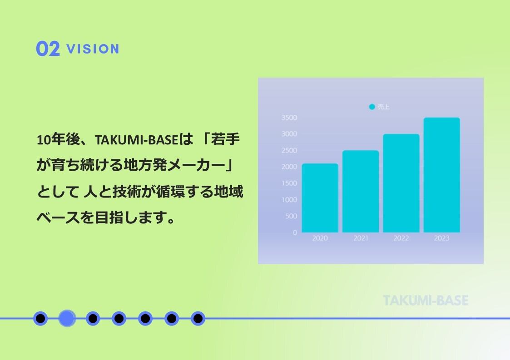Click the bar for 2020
320,198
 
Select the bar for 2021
361,191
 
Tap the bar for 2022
401,183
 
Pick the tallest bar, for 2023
442,175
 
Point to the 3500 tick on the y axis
289,118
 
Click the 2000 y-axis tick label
289,167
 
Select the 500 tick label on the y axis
291,216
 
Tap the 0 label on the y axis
295,232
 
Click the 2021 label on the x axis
361,238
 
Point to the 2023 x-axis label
442,238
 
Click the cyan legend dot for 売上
372,107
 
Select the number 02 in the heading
48,49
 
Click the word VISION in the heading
93,49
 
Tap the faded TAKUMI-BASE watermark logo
426,301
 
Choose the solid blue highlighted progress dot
67,318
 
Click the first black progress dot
40,318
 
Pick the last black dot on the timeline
198,318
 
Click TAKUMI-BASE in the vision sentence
137,140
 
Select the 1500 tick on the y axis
289,183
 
